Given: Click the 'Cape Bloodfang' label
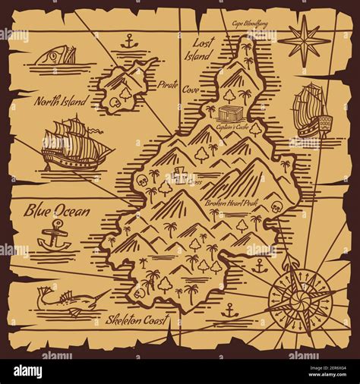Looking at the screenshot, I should tap(250, 24).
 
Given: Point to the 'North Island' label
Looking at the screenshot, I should tap(60, 100).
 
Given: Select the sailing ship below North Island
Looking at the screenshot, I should tap(73, 143).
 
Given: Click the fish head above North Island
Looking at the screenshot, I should tap(58, 55).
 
